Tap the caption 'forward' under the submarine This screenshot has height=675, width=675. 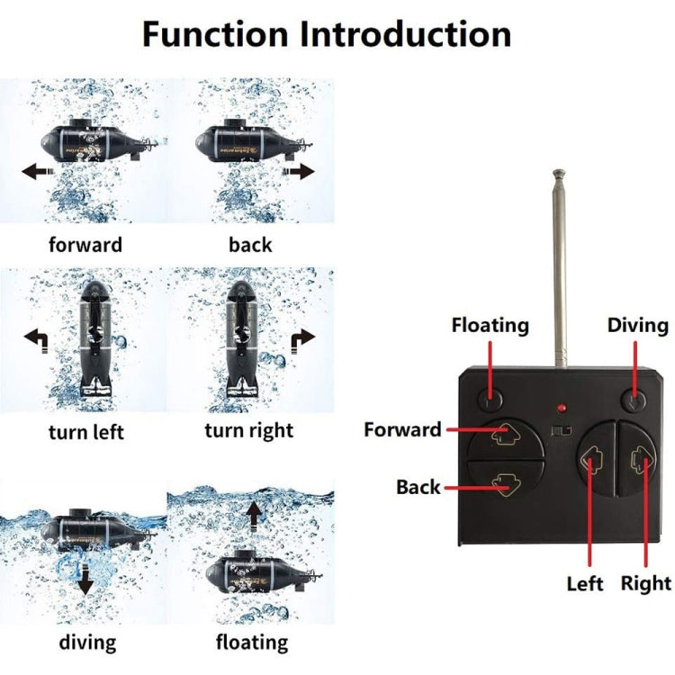[x=85, y=244]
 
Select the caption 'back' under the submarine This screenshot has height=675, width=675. [x=250, y=244]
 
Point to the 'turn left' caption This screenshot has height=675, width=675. [x=85, y=432]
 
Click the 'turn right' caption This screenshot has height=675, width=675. [x=248, y=430]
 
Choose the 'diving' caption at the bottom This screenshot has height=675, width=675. [x=87, y=642]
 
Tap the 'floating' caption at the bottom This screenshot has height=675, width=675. [x=252, y=642]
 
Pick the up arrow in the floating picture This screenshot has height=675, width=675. [x=256, y=514]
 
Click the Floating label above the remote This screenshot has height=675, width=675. [x=490, y=325]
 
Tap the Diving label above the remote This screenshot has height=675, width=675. [x=637, y=325]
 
